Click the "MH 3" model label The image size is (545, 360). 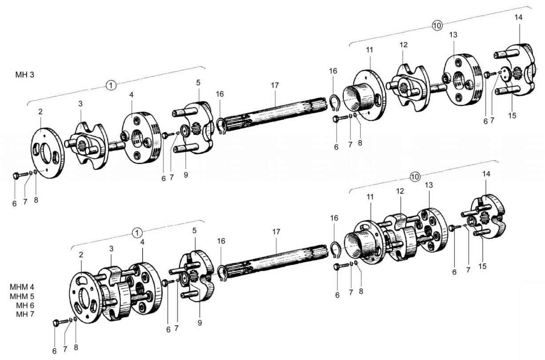tap(25, 75)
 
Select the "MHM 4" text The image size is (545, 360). tap(22, 287)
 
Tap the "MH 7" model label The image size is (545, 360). tap(25, 314)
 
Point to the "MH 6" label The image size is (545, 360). tap(25, 305)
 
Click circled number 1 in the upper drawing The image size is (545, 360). tap(111, 86)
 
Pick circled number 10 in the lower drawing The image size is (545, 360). tap(415, 177)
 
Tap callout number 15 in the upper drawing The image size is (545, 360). tap(512, 115)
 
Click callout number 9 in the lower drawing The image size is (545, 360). tap(200, 323)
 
